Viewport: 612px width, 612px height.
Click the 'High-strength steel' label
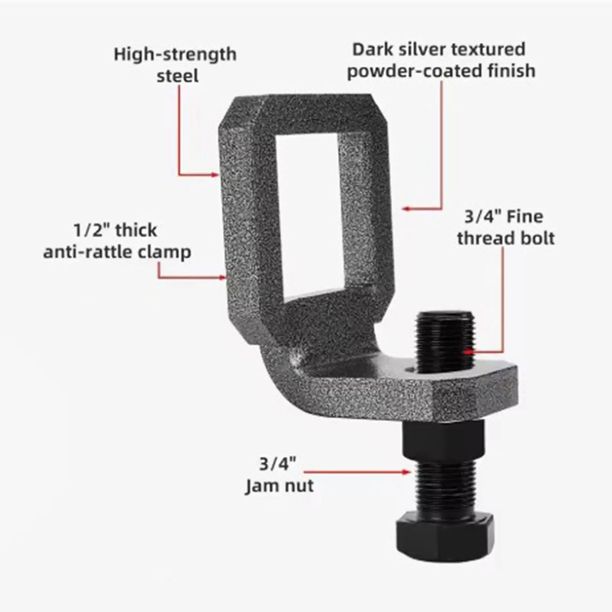tap(175, 65)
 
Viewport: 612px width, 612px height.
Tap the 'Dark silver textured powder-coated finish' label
tap(441, 60)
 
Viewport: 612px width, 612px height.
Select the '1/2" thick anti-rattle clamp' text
tap(117, 241)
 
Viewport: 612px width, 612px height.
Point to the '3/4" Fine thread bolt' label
tap(505, 228)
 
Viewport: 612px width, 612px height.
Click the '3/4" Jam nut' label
tap(279, 475)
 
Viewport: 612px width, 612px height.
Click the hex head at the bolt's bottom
tap(444, 534)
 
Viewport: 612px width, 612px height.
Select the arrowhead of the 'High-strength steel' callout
tap(215, 175)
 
